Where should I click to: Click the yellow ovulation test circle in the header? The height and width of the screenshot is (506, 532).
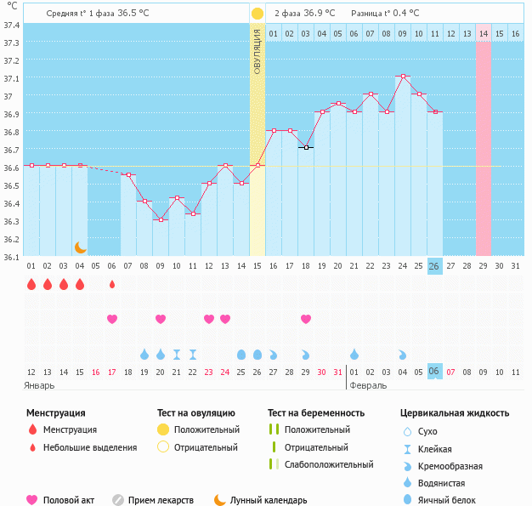pos(257,14)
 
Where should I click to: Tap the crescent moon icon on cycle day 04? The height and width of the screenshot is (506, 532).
pos(80,247)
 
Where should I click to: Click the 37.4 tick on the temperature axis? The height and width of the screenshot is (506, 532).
pos(12,26)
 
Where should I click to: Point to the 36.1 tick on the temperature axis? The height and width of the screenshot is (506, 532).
pos(12,257)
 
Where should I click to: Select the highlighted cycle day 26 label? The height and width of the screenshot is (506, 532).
pos(434,266)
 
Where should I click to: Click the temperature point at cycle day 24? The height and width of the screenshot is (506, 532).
pos(402,77)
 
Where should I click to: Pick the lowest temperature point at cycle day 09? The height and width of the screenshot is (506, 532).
pos(160,220)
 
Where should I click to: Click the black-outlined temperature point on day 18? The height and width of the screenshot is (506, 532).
pos(305,148)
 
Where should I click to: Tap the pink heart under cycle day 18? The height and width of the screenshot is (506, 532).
pos(305,319)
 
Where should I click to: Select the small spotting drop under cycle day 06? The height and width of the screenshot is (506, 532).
pos(111,284)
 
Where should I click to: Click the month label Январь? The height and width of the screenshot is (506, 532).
pos(40,385)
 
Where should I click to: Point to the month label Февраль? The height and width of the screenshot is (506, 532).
pos(369,385)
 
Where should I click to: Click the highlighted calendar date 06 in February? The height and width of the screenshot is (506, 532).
pos(434,372)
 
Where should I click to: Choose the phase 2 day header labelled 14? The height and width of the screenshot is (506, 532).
pos(483,33)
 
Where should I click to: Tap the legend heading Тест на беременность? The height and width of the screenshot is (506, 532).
pos(316,413)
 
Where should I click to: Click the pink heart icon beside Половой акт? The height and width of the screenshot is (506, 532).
pos(32,500)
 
